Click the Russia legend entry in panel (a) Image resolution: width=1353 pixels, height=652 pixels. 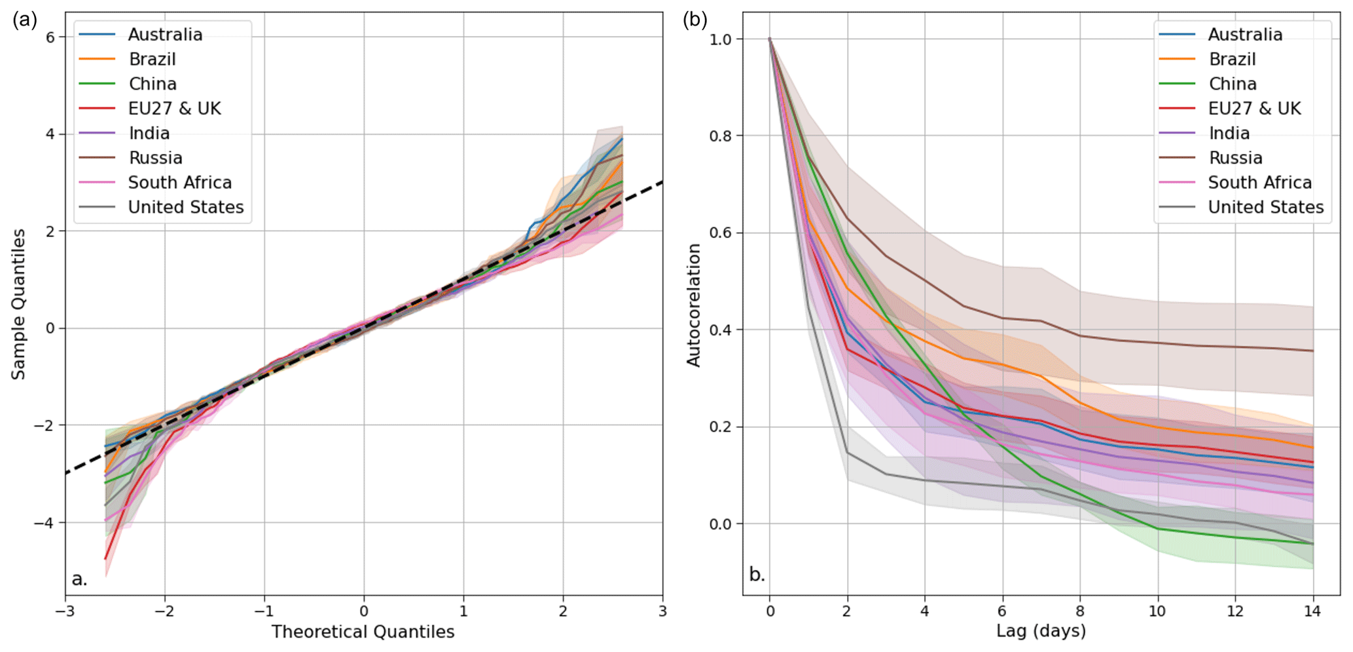[155, 158]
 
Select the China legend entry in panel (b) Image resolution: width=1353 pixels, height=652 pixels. [1232, 84]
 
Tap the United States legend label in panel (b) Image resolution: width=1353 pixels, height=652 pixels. [1265, 207]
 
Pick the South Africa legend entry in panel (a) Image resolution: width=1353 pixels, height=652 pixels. [179, 182]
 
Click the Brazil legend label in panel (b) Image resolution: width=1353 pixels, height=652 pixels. [1232, 59]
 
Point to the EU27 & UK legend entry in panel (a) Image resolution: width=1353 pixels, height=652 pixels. [174, 108]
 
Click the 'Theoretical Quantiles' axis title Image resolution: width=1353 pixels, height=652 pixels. [363, 632]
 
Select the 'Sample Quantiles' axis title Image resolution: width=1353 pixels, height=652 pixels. [18, 304]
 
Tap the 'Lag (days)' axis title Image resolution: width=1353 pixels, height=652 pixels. [1041, 631]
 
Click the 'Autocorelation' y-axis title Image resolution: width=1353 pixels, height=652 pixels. [693, 305]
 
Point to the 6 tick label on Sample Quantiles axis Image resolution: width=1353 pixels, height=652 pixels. [50, 37]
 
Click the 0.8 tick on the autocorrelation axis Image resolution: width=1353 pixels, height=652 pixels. [720, 136]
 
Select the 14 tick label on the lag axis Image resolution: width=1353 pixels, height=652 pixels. [1312, 611]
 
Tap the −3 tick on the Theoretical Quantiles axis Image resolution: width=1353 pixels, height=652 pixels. [64, 611]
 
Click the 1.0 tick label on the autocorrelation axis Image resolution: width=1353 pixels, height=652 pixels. [720, 39]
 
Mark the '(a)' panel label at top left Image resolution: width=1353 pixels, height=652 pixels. [24, 20]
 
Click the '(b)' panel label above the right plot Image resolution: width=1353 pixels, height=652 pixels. [695, 20]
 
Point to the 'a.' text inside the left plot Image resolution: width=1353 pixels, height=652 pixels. [79, 579]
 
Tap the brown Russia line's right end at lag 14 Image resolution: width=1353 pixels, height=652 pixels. [1312, 351]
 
